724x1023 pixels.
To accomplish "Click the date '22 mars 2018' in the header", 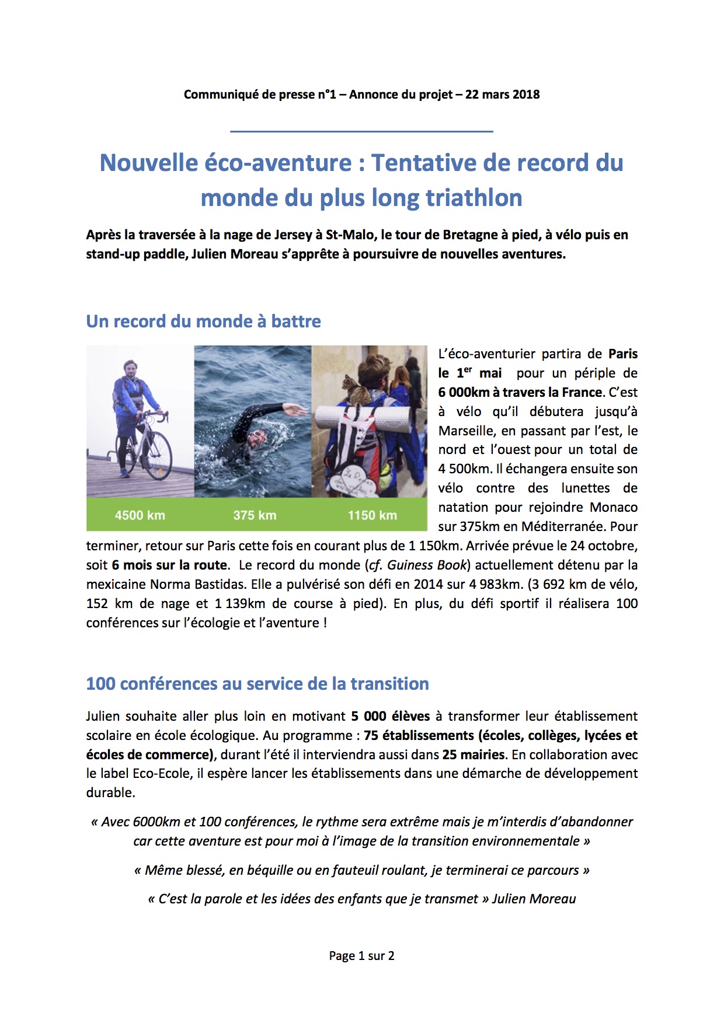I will coord(502,95).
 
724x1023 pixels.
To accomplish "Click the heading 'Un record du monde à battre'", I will coord(203,321).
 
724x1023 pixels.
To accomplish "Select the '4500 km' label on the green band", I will coord(140,515).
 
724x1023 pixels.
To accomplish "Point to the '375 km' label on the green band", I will coord(255,515).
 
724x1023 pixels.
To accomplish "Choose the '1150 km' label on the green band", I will coord(373,515).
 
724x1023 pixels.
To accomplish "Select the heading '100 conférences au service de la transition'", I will coord(257,683).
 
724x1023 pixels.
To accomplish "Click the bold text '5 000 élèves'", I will coord(390,716).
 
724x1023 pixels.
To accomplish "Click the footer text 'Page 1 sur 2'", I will coord(361,956).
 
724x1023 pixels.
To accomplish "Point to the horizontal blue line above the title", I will coord(361,131).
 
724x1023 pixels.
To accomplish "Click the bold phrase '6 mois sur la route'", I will coord(169,565).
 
